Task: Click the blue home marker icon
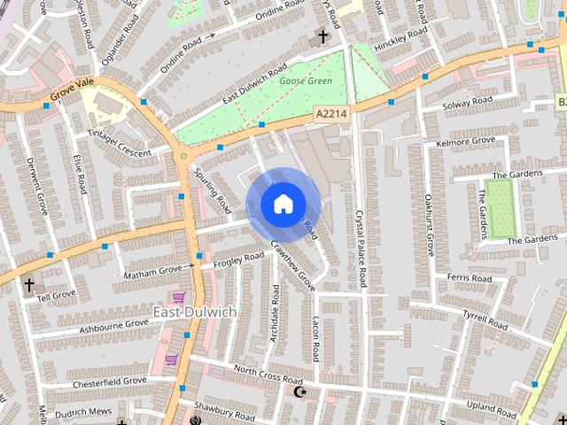pyautogui.click(x=282, y=205)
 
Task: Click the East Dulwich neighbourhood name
pyautogui.click(x=194, y=312)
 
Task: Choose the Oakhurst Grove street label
pyautogui.click(x=430, y=226)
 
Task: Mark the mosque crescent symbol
pyautogui.click(x=299, y=390)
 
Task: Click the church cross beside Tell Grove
pyautogui.click(x=29, y=285)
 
